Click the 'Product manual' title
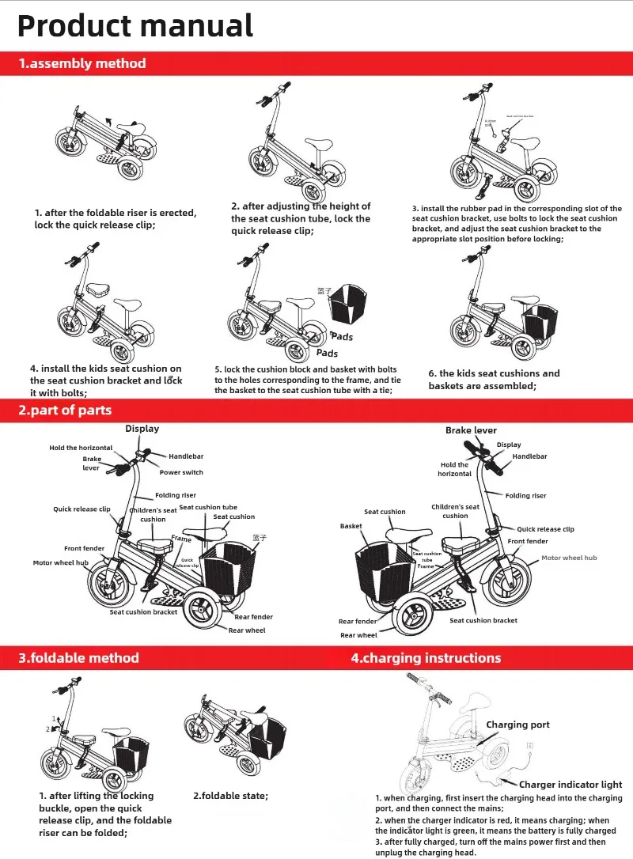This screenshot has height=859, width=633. pyautogui.click(x=135, y=25)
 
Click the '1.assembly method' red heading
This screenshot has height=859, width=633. pyautogui.click(x=82, y=63)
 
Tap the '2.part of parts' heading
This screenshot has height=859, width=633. pyautogui.click(x=65, y=410)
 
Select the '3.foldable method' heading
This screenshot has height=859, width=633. pyautogui.click(x=79, y=658)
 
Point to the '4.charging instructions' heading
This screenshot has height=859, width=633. pyautogui.click(x=426, y=658)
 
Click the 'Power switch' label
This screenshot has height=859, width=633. pyautogui.click(x=181, y=472)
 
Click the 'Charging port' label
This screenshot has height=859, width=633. pyautogui.click(x=517, y=725)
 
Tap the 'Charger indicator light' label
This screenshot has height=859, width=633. pyautogui.click(x=570, y=785)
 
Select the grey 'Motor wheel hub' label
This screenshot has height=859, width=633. pyautogui.click(x=569, y=558)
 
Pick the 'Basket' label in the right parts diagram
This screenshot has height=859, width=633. pyautogui.click(x=351, y=526)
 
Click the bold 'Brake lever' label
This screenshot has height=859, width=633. pyautogui.click(x=471, y=430)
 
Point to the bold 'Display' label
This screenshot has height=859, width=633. pyautogui.click(x=142, y=429)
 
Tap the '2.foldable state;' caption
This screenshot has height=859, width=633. pyautogui.click(x=231, y=796)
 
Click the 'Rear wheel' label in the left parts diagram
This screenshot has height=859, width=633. pyautogui.click(x=247, y=630)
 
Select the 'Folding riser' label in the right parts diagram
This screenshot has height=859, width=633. pyautogui.click(x=526, y=496)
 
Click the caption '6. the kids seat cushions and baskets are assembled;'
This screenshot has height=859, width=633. pyautogui.click(x=494, y=380)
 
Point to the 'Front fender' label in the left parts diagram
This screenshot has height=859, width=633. pyautogui.click(x=84, y=548)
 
